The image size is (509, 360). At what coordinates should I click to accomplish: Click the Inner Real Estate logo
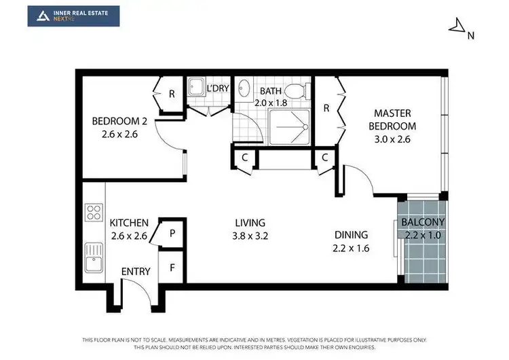[x=73, y=16]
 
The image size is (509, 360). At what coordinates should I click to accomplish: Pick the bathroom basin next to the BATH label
[x=245, y=91]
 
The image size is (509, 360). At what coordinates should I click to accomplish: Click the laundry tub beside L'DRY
[x=196, y=88]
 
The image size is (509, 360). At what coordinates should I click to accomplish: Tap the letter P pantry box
[x=172, y=233]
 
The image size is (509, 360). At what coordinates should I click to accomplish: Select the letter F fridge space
[x=172, y=267]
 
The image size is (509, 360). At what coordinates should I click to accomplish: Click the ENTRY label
[x=136, y=272]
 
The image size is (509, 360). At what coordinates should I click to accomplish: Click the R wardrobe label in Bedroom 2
[x=172, y=94]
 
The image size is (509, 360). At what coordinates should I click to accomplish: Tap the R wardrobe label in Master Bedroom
[x=326, y=107]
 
